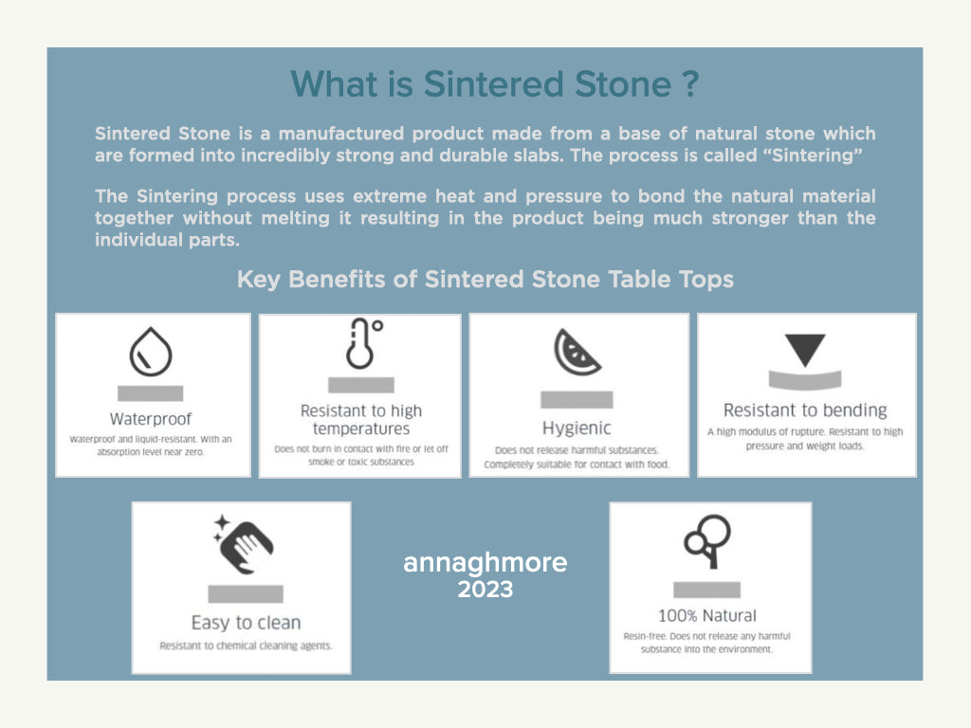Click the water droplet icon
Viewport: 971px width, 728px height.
151,352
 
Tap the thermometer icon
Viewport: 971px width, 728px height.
363,343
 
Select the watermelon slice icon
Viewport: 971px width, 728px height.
577,353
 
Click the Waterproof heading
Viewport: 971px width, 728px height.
151,419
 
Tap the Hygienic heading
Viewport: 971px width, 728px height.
577,428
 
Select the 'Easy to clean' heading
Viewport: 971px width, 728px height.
246,622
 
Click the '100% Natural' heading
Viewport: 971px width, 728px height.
707,615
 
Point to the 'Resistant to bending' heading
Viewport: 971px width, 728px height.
805,410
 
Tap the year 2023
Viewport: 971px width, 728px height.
485,589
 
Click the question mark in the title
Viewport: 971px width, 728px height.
691,84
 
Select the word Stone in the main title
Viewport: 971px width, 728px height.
623,84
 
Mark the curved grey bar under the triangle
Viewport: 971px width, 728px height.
805,379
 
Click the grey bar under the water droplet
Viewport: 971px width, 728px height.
151,393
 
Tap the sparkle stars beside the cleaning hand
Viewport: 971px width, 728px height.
221,527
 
